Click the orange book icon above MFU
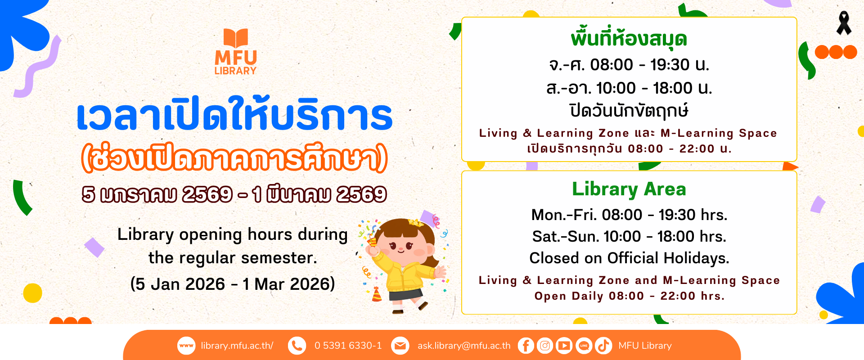[x=236, y=38]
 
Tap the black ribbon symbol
[x=844, y=23]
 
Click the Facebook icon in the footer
[x=526, y=346]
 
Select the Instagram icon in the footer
[x=545, y=346]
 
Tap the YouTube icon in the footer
[x=564, y=346]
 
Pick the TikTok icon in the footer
[x=603, y=346]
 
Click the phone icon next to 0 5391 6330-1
[x=297, y=346]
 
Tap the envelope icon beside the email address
[x=400, y=346]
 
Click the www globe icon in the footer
[x=186, y=346]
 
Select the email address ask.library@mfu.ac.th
[x=464, y=346]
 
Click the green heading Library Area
[x=629, y=189]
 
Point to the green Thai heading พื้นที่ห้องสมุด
[x=629, y=39]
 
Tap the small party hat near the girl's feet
[x=377, y=294]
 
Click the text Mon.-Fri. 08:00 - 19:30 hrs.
[x=629, y=215]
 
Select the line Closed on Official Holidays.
[x=629, y=258]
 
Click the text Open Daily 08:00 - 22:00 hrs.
[x=629, y=296]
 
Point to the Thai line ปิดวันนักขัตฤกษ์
[x=629, y=111]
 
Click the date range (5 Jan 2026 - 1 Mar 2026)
[x=233, y=284]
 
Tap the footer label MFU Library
[x=645, y=346]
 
